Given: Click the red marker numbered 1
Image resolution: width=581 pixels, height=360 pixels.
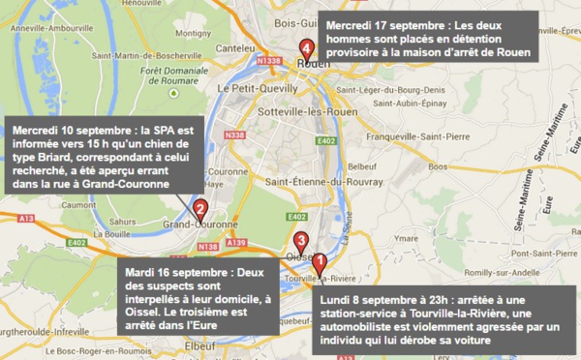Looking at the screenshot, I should click(x=321, y=260).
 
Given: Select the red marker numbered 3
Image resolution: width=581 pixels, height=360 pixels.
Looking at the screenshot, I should click(x=301, y=240).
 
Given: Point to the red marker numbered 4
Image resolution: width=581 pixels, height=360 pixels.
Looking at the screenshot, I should click(x=307, y=46).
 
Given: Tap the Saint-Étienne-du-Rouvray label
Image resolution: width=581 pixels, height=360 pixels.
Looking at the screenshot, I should click(x=311, y=181).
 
